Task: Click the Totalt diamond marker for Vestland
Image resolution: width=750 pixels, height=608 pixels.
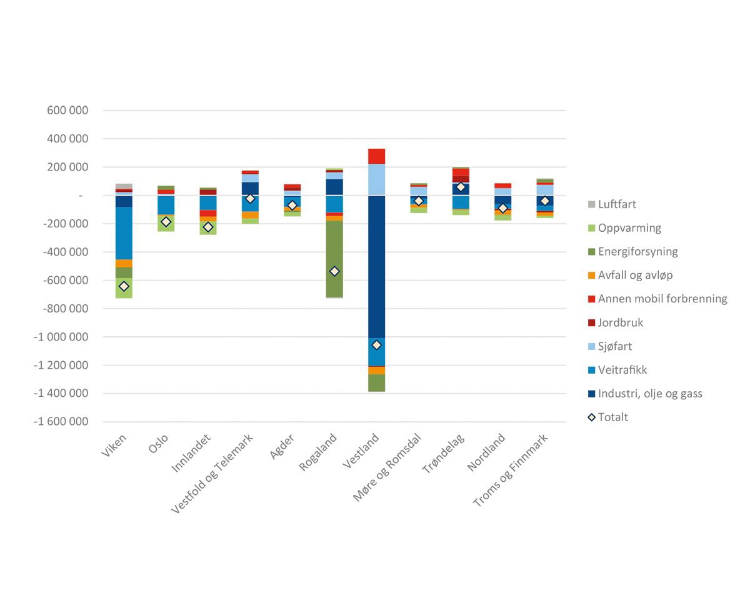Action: point(376,345)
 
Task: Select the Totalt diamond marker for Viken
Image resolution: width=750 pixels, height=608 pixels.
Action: point(124,286)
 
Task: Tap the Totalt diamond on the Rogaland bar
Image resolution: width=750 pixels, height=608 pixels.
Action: point(334,271)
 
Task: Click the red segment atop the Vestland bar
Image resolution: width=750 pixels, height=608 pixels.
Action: point(376,156)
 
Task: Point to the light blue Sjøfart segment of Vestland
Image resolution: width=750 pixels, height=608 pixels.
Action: point(376,179)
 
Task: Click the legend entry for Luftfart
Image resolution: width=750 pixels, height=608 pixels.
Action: point(616,204)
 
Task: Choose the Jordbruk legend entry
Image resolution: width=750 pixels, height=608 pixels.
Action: point(620,323)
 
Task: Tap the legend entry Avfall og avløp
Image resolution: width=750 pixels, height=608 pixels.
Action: point(635,276)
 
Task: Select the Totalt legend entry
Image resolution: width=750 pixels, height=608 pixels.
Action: point(612,417)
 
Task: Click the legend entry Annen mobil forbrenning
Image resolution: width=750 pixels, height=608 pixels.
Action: point(662,299)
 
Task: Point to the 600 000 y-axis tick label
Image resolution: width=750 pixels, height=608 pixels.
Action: point(67,111)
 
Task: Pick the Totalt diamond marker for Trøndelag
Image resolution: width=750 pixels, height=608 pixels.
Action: point(461,187)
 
